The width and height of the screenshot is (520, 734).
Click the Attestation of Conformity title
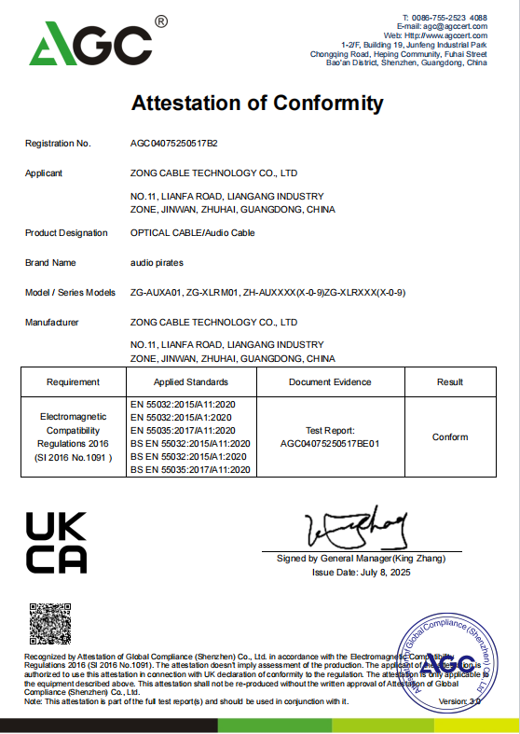(257, 103)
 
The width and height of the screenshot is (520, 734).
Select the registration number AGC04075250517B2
(174, 144)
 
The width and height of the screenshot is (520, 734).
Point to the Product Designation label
(66, 233)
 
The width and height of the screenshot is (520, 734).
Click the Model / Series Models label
(71, 293)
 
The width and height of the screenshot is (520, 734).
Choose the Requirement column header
(73, 382)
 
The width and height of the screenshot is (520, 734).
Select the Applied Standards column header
(191, 382)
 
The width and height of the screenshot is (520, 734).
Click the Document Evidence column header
(330, 382)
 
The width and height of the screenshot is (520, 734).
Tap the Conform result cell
(450, 436)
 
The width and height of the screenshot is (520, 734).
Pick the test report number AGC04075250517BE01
(330, 445)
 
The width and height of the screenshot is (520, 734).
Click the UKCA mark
(56, 543)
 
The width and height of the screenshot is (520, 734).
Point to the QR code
(50, 624)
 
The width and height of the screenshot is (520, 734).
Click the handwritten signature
(360, 530)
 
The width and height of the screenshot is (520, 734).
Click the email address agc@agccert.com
(456, 27)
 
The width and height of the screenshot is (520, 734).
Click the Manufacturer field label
(52, 323)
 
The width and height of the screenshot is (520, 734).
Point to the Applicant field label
(44, 173)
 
